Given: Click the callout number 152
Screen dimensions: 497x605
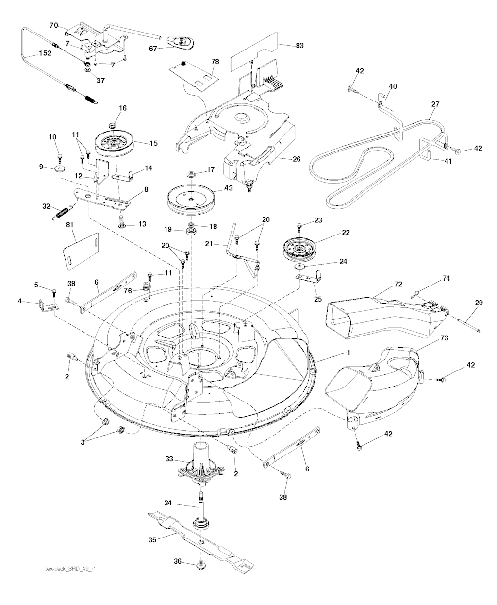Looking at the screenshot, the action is click(45, 53).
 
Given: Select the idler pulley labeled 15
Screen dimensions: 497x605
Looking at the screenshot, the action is click(115, 145).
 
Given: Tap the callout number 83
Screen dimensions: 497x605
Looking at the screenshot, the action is click(299, 46).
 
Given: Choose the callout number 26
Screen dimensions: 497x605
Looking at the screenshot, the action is click(297, 159).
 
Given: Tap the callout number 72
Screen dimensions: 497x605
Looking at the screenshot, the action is click(398, 284).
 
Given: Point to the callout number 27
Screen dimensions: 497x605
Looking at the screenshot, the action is click(435, 104).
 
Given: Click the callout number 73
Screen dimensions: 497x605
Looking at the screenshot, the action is click(444, 338).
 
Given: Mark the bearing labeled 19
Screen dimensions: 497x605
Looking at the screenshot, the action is click(190, 231).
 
